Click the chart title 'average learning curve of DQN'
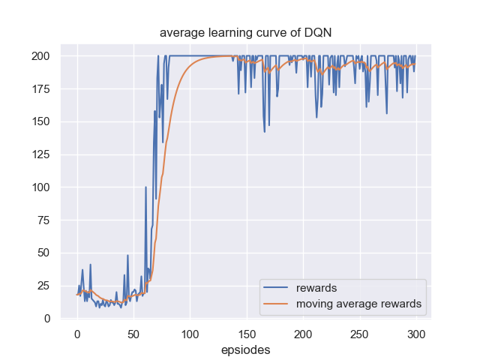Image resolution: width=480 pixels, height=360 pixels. [240, 33]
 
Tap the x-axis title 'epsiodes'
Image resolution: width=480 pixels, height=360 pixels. [245, 349]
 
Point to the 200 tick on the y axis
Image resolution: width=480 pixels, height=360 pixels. [40, 56]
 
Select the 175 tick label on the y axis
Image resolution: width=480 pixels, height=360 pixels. [40, 89]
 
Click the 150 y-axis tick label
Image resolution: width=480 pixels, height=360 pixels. [40, 121]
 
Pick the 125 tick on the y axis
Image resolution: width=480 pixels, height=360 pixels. [40, 154]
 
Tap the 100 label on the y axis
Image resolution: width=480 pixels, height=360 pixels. [40, 187]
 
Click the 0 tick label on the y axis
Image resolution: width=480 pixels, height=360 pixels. [46, 318]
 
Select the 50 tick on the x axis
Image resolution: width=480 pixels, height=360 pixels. [133, 333]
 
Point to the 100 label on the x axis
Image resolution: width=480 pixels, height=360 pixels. [190, 333]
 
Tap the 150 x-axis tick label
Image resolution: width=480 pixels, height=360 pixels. [247, 333]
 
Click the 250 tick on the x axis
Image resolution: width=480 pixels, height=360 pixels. [360, 333]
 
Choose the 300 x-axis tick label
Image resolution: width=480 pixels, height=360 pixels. [416, 333]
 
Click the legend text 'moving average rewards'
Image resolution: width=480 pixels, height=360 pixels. [358, 304]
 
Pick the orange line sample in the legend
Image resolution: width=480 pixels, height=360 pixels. [277, 304]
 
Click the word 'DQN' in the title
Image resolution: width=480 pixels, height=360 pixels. [306, 33]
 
